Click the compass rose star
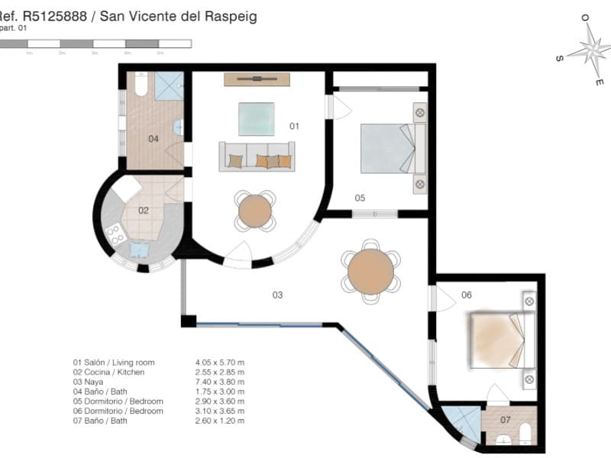click(x=590, y=50)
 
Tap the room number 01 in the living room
click(x=294, y=125)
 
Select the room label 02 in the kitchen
click(x=143, y=210)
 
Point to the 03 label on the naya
click(x=277, y=294)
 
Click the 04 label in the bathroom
click(x=153, y=139)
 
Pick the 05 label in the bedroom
click(x=360, y=198)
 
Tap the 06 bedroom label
click(x=467, y=295)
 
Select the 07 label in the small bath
click(x=505, y=420)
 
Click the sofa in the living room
click(x=257, y=156)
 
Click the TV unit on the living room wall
click(x=257, y=79)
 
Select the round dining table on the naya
click(x=370, y=271)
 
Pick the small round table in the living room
click(x=255, y=210)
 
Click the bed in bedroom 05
click(x=387, y=147)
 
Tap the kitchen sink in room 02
click(x=141, y=250)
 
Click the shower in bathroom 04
click(x=170, y=86)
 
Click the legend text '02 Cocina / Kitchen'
click(x=108, y=373)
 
